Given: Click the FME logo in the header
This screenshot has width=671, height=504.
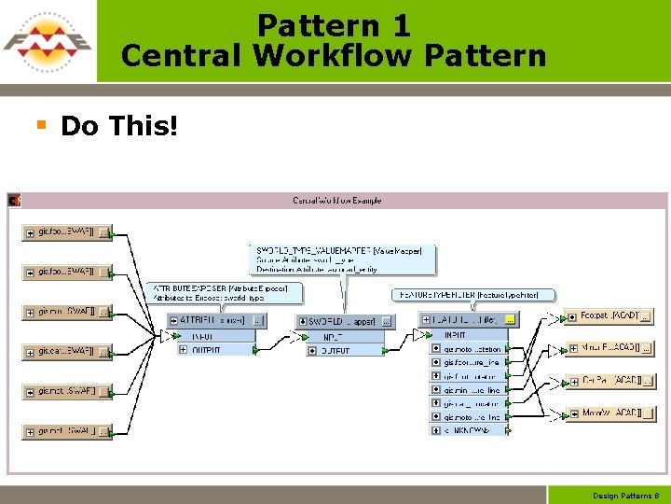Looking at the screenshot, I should [x=47, y=42].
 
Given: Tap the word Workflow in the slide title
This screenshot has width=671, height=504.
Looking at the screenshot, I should [x=334, y=56].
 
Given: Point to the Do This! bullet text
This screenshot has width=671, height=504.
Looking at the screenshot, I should [x=118, y=126].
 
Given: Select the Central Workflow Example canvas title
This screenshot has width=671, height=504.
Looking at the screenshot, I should [x=337, y=201].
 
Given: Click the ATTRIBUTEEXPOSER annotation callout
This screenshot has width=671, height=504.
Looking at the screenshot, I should [x=225, y=293].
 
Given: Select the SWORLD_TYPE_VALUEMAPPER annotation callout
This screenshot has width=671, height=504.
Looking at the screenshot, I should [x=343, y=259].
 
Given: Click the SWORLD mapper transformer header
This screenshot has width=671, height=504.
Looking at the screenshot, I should [x=341, y=321].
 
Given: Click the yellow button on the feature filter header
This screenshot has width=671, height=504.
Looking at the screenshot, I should [x=510, y=319].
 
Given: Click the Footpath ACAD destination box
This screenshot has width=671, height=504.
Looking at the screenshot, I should [x=609, y=316].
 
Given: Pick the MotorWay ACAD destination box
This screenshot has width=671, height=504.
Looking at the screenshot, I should [x=609, y=413].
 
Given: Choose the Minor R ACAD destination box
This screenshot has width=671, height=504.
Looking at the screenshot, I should [x=611, y=348].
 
